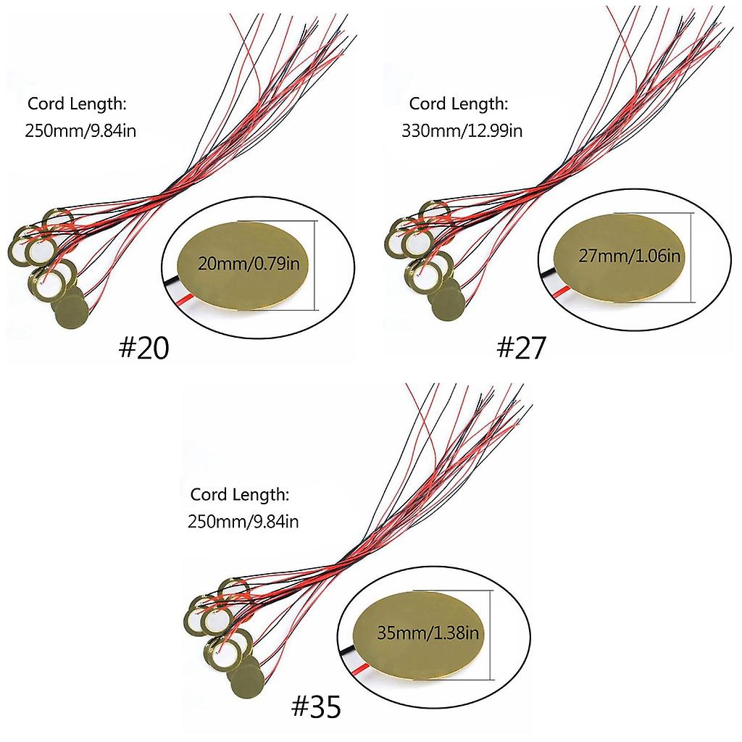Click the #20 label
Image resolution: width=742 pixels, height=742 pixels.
point(143,349)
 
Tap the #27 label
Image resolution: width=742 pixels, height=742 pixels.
point(521,348)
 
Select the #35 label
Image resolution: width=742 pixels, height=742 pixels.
point(316,707)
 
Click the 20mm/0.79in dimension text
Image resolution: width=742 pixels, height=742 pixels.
point(249,263)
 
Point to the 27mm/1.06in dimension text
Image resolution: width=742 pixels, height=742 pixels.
point(630,256)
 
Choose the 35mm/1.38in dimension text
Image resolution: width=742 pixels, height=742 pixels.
point(428,633)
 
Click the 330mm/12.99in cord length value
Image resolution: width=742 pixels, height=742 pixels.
point(462,130)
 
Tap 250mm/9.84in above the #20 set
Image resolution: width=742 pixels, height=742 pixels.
point(80,130)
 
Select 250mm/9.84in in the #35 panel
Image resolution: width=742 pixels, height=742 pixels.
point(243,522)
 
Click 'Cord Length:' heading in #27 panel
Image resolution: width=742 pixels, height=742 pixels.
point(459,104)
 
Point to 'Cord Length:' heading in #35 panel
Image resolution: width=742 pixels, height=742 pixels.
point(239,495)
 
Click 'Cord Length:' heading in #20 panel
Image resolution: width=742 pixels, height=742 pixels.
point(77,104)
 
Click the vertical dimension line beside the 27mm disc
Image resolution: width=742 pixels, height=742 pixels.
point(692,257)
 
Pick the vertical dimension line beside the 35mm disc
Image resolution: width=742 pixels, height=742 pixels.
point(492,635)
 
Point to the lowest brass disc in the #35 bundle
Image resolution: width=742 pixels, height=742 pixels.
point(248,682)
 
